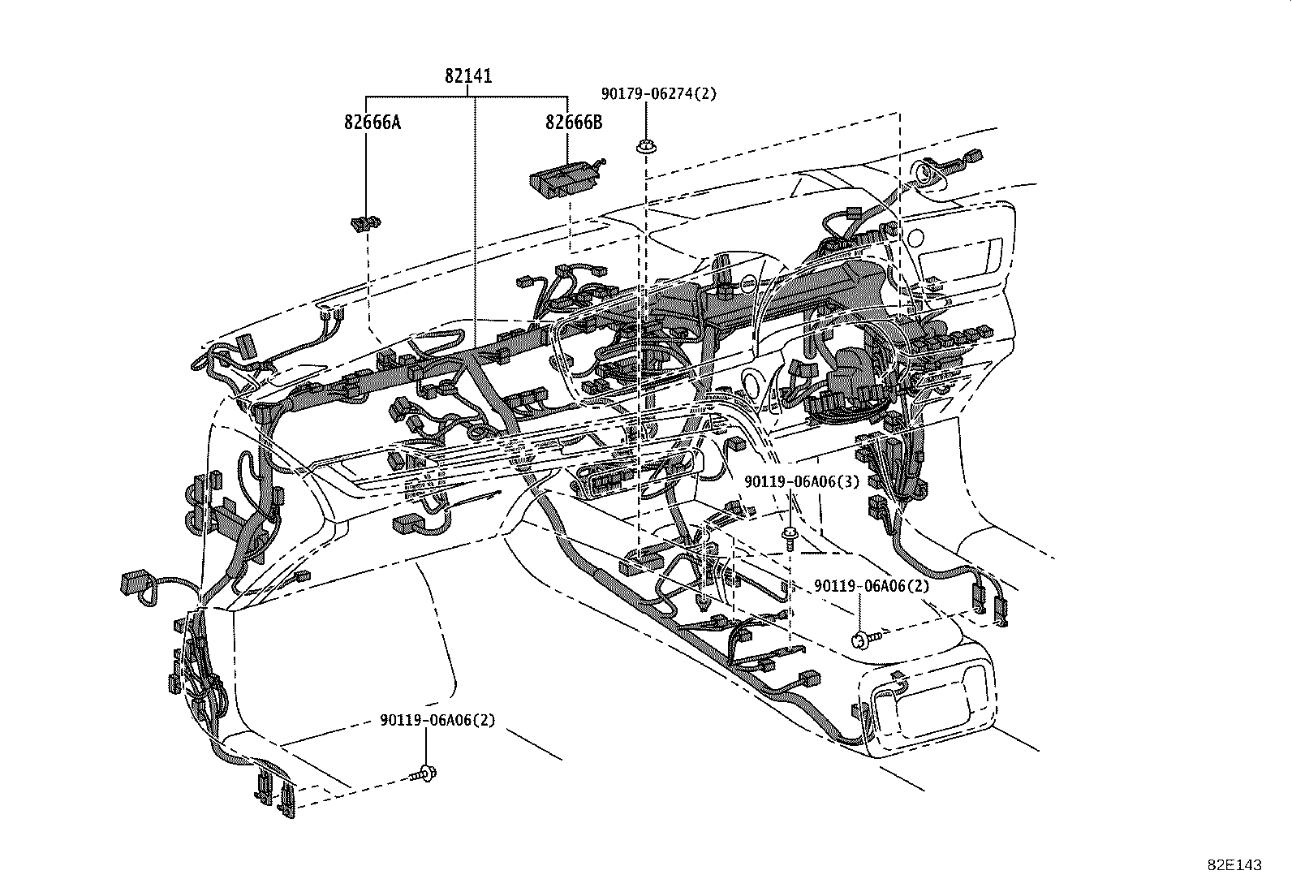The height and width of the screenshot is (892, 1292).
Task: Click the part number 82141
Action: pos(468,76)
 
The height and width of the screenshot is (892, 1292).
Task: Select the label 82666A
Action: pos(372,123)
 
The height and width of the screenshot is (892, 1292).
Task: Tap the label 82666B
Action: pos(574,123)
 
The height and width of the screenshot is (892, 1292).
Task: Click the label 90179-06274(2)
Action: pos(659,93)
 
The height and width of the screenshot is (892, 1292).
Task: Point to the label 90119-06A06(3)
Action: pos(790,481)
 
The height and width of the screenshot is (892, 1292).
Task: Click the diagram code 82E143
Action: pos(1234,865)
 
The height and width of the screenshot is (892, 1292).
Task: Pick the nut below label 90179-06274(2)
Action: pos(646,147)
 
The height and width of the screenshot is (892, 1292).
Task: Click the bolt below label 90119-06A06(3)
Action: pos(789,534)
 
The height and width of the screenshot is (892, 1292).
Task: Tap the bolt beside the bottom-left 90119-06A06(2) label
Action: pos(426,774)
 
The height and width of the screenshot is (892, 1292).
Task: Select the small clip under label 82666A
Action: pos(366,222)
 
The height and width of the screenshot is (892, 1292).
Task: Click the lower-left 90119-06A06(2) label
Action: pos(437,720)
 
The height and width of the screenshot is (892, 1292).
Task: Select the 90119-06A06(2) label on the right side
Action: pos(872,585)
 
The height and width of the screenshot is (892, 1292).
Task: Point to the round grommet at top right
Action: pos(925,172)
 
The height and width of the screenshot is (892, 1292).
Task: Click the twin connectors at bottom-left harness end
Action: pos(275,792)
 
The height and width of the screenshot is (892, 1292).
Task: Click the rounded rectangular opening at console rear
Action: pos(933,700)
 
